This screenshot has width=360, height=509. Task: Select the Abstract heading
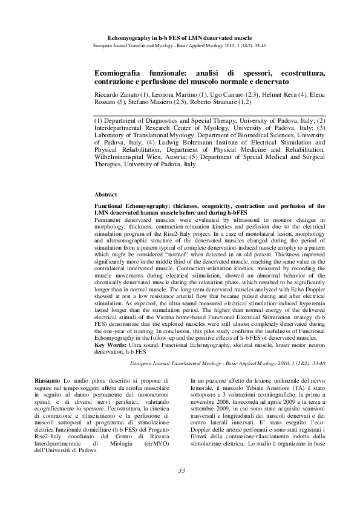106,195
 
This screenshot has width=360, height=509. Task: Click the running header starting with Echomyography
180,37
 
